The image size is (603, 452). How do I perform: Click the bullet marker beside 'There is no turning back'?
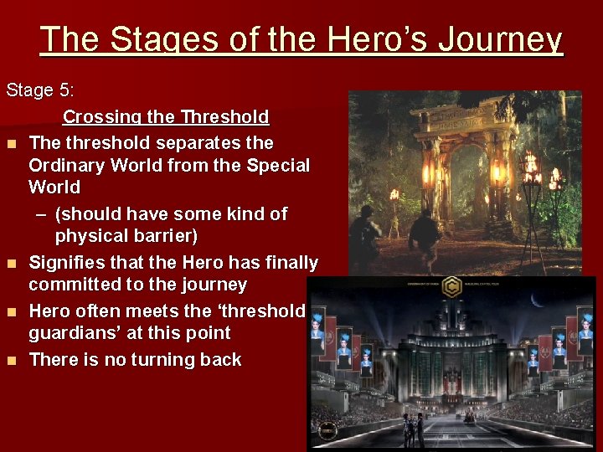point(12,361)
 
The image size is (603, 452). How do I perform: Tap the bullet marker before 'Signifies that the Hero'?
point(12,264)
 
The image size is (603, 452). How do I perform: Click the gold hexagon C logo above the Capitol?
point(452,288)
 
